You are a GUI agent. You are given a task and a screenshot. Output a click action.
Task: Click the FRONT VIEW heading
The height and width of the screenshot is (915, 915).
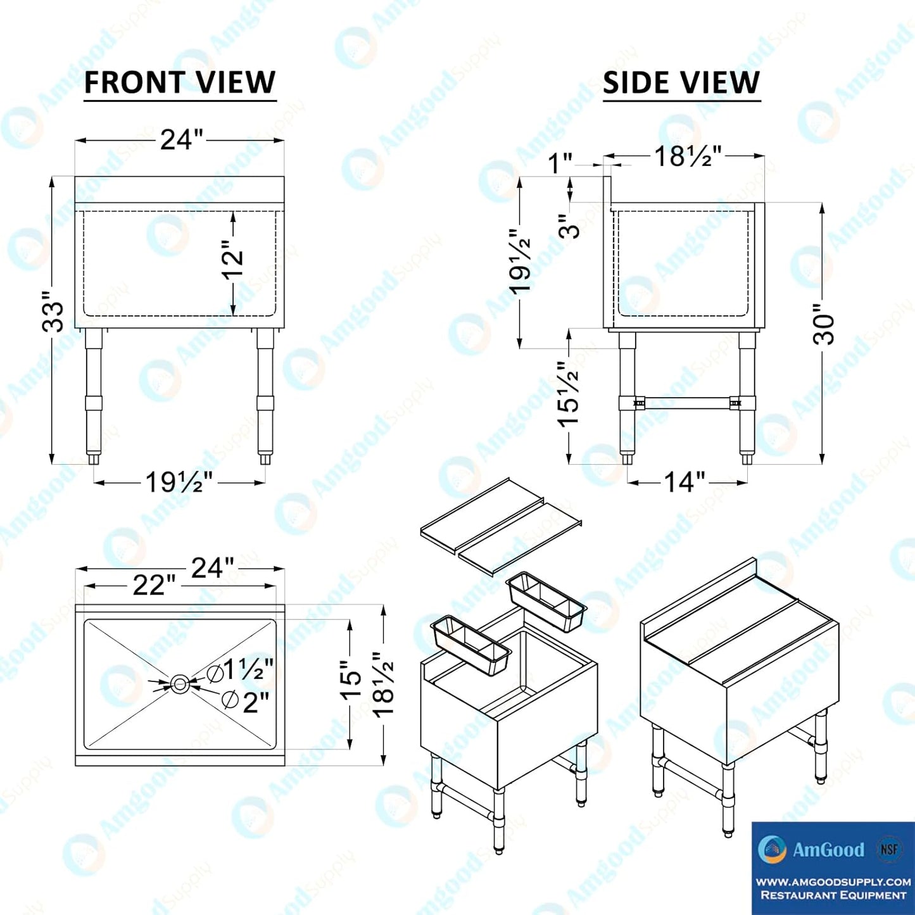pyautogui.click(x=180, y=83)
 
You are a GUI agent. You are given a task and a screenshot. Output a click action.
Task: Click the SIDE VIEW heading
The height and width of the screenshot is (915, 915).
pyautogui.click(x=681, y=83)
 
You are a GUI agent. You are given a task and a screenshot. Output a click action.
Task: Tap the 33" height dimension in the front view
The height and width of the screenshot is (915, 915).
pyautogui.click(x=53, y=312)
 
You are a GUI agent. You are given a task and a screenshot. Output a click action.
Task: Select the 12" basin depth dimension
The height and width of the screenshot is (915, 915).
pyautogui.click(x=232, y=260)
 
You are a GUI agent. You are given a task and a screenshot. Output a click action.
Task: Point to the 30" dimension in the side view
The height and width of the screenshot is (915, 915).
pyautogui.click(x=824, y=324)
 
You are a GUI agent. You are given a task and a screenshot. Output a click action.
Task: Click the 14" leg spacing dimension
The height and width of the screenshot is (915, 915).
pyautogui.click(x=685, y=483)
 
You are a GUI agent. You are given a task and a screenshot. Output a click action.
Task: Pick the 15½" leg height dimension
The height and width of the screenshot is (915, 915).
pyautogui.click(x=569, y=394)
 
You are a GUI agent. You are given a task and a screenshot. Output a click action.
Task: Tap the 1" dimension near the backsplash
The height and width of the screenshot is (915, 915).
pyautogui.click(x=560, y=163)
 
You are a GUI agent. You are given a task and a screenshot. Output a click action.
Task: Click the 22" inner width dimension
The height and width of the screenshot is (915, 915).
pyautogui.click(x=154, y=585)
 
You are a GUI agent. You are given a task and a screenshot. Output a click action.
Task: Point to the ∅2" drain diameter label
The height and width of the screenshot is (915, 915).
pyautogui.click(x=246, y=701)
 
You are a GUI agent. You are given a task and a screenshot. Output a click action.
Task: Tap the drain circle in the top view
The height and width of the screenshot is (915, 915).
pyautogui.click(x=179, y=683)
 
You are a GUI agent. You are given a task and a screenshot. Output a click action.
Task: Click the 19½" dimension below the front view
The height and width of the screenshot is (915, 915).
pyautogui.click(x=179, y=483)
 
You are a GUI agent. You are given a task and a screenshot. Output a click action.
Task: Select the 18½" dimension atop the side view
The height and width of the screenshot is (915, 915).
pyautogui.click(x=688, y=156)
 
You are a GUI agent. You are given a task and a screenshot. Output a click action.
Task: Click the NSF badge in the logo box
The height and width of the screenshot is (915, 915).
pyautogui.click(x=888, y=849)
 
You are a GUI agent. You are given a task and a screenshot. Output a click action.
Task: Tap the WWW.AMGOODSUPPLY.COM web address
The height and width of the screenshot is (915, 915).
pyautogui.click(x=833, y=881)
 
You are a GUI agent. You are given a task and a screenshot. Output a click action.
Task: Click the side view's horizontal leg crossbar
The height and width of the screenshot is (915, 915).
pyautogui.click(x=687, y=402)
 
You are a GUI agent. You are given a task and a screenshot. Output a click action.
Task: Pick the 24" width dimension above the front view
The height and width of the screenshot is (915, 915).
pyautogui.click(x=181, y=140)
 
